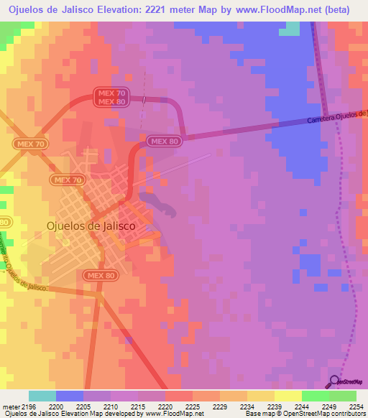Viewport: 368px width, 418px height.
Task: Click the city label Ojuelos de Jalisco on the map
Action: click(91, 225)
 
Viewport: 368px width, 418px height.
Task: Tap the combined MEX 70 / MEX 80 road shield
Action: click(111, 97)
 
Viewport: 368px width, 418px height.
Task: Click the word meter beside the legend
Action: click(11, 407)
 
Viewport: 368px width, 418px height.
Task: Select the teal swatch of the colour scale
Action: click(42, 396)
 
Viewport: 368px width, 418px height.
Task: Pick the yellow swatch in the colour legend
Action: click(287, 396)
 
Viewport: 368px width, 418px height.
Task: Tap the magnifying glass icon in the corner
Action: click(334, 381)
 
